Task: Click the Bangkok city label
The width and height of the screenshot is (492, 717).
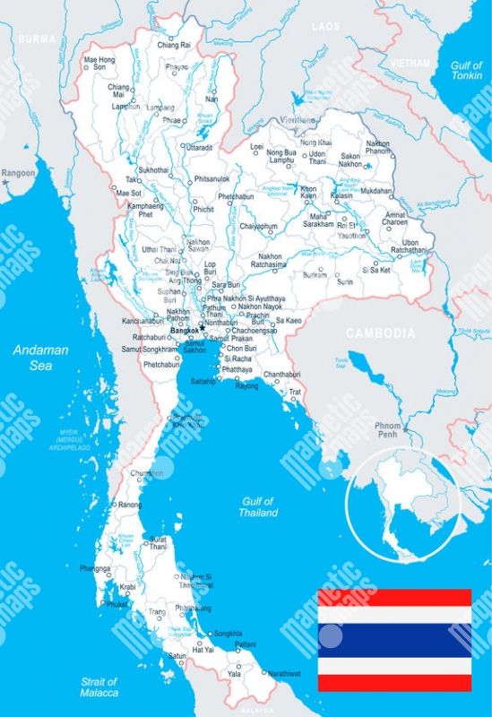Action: [x=184, y=330]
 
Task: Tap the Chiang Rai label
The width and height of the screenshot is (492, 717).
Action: [x=174, y=44]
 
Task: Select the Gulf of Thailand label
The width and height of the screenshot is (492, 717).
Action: [x=257, y=507]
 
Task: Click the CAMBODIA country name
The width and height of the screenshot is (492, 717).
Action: [x=380, y=333]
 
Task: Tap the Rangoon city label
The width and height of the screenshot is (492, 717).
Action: [x=18, y=172]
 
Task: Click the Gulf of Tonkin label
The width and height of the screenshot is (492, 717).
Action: [x=466, y=71]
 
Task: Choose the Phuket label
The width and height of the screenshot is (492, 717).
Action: [x=117, y=604]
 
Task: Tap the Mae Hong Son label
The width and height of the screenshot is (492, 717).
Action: [x=99, y=64]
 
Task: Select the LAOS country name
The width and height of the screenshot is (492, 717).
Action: [x=325, y=27]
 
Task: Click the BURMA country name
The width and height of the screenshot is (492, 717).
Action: [x=37, y=39]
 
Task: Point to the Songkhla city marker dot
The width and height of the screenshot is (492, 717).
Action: [x=211, y=635]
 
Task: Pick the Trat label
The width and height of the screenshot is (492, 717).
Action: [x=294, y=392]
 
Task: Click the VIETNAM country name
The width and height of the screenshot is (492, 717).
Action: [x=410, y=63]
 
